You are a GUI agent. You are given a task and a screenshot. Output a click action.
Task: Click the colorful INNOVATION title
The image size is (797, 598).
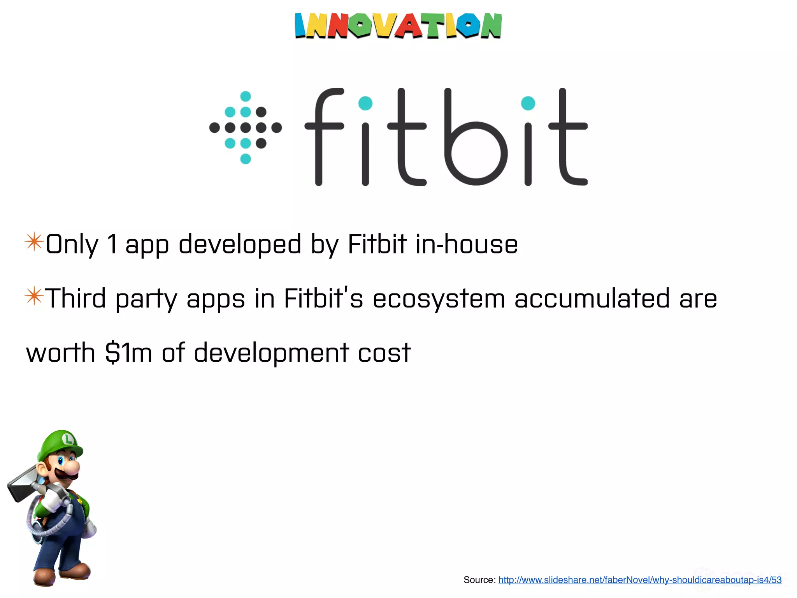398,26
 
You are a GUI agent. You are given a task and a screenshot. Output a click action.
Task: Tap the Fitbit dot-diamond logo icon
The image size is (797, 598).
246,127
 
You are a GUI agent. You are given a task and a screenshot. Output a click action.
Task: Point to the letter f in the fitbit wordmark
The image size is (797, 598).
323,136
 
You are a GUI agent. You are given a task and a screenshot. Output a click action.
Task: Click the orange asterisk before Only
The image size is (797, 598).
34,242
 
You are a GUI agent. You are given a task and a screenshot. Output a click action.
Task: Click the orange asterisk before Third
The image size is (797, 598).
34,296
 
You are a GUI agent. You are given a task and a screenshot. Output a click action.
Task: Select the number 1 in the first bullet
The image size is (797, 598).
112,244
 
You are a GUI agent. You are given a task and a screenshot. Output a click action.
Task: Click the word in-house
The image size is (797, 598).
467,244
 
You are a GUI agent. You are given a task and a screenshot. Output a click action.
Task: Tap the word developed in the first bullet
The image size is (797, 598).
240,244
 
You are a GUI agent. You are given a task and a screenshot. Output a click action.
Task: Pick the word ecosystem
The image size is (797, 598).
439,299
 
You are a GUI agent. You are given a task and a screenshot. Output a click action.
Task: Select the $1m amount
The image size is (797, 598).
128,353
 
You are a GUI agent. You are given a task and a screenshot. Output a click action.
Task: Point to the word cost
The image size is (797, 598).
384,353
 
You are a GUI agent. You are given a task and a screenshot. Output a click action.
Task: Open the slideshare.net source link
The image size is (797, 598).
640,580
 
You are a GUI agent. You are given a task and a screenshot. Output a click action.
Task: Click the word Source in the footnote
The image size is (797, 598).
479,580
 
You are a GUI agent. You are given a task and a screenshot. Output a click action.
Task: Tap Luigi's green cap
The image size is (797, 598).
62,444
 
